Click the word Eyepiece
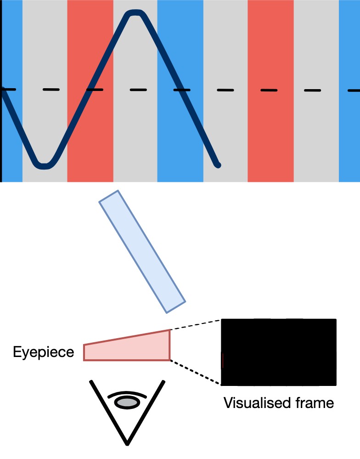pos(43,352)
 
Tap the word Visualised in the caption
pos(252,403)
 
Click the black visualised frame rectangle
pos(279,351)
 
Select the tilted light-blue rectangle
pos(142,252)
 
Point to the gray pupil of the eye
pos(127,402)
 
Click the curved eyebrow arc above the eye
pos(127,394)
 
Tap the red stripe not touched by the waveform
pos(270,138)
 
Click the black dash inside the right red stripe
pos(270,90)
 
